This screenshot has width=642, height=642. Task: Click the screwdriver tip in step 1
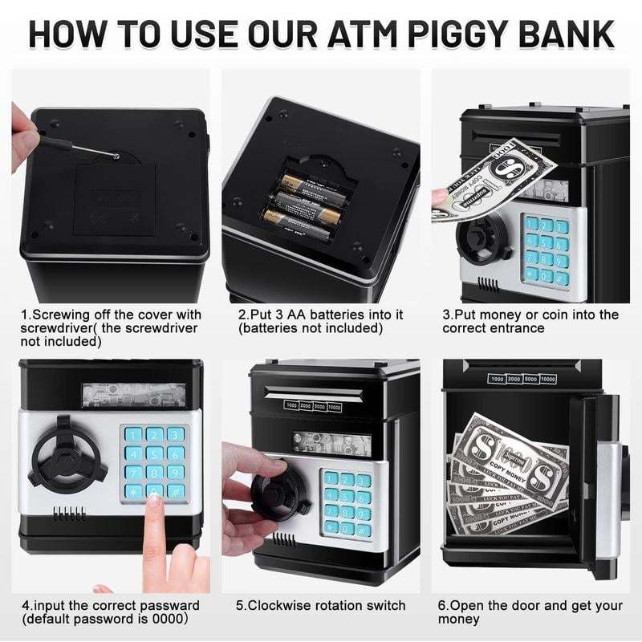(x=116, y=156)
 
